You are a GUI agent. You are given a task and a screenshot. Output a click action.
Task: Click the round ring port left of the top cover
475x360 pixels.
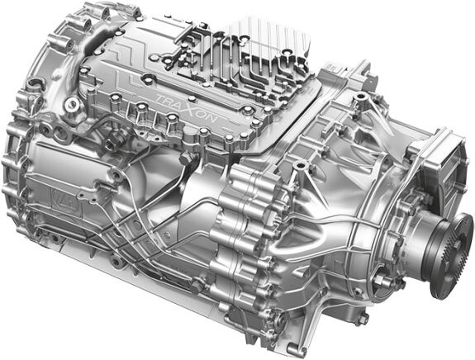pos(72,106)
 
